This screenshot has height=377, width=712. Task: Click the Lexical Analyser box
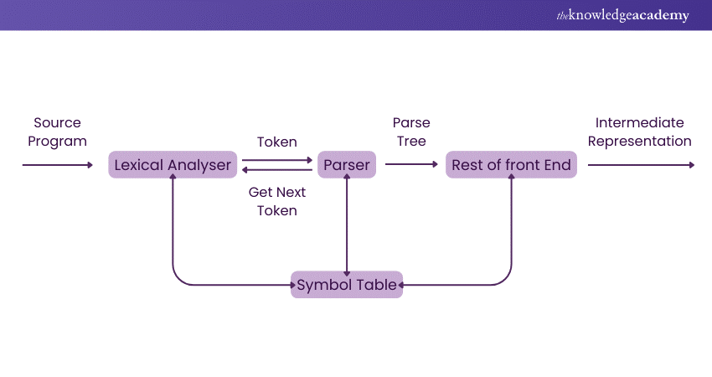click(x=173, y=165)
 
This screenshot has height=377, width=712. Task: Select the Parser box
click(x=347, y=165)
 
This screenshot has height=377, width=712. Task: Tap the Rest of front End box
click(x=511, y=165)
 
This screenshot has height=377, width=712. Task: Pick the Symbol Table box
click(x=347, y=285)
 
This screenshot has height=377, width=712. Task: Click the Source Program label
click(x=57, y=132)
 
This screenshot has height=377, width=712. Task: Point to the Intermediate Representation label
click(x=639, y=132)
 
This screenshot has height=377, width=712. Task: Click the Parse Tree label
click(x=411, y=132)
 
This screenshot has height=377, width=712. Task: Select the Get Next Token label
click(x=277, y=201)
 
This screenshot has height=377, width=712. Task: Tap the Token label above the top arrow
click(x=277, y=142)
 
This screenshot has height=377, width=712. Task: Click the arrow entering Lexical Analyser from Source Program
click(x=57, y=165)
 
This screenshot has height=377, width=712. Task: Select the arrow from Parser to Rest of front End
click(x=411, y=165)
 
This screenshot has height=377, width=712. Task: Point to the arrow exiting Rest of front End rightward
click(x=641, y=165)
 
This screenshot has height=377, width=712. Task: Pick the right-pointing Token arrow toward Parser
click(x=277, y=159)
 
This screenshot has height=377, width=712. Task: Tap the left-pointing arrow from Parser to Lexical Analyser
click(x=277, y=170)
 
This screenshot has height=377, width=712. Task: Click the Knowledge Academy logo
click(x=621, y=15)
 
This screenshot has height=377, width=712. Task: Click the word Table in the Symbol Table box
click(x=376, y=285)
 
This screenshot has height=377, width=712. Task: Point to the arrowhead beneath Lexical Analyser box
click(x=173, y=182)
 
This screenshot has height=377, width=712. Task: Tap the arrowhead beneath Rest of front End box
click(x=511, y=182)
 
